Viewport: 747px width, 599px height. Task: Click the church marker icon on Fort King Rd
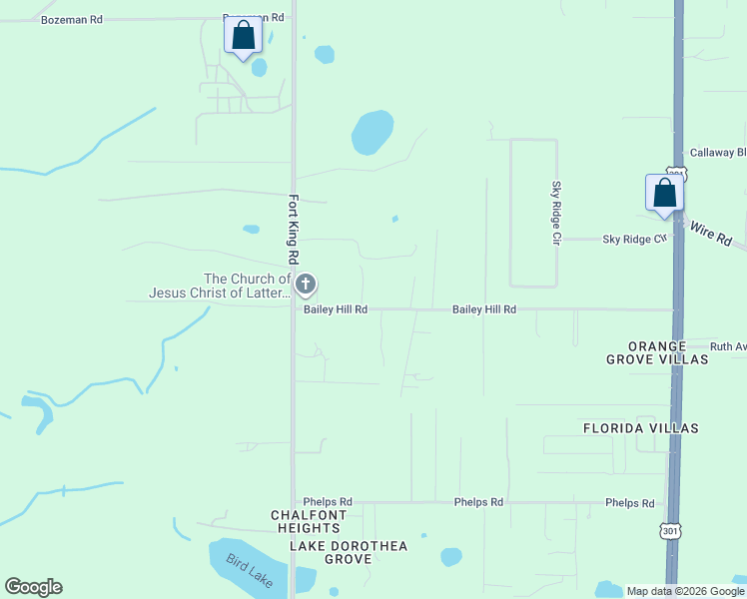(x=306, y=286)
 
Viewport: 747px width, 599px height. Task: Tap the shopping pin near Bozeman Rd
(x=243, y=37)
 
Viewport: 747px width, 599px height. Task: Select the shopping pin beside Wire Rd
(x=664, y=194)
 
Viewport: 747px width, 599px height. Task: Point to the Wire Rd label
(x=711, y=234)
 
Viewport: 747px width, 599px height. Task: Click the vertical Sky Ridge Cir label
(x=557, y=213)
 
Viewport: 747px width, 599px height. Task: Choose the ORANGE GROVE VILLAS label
(x=656, y=352)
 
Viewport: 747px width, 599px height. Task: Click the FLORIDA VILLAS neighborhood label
(x=640, y=428)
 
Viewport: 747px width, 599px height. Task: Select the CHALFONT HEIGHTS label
(x=309, y=521)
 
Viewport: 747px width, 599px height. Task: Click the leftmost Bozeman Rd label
(x=71, y=19)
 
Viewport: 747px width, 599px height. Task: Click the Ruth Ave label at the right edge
(x=728, y=346)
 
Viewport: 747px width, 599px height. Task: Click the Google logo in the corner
(x=33, y=587)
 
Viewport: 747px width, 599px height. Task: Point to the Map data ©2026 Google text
(x=684, y=591)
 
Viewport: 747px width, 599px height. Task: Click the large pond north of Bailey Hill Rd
(x=372, y=132)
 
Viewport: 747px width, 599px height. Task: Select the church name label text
(x=220, y=286)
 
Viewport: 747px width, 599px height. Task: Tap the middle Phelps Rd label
(x=478, y=502)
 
